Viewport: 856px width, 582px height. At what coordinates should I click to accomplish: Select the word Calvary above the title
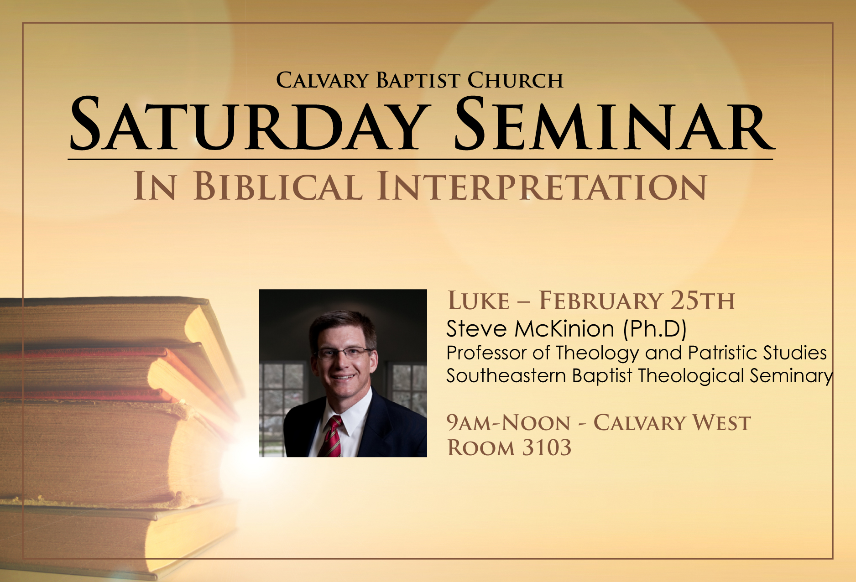(x=322, y=80)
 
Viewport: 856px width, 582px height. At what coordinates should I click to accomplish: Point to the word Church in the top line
(x=516, y=80)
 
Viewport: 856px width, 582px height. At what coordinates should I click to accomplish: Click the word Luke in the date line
(x=478, y=301)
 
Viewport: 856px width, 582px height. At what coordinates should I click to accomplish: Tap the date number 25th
(x=703, y=301)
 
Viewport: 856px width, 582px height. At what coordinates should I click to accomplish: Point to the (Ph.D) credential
(x=655, y=329)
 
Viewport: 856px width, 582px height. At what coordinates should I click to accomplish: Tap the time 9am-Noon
(x=508, y=423)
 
